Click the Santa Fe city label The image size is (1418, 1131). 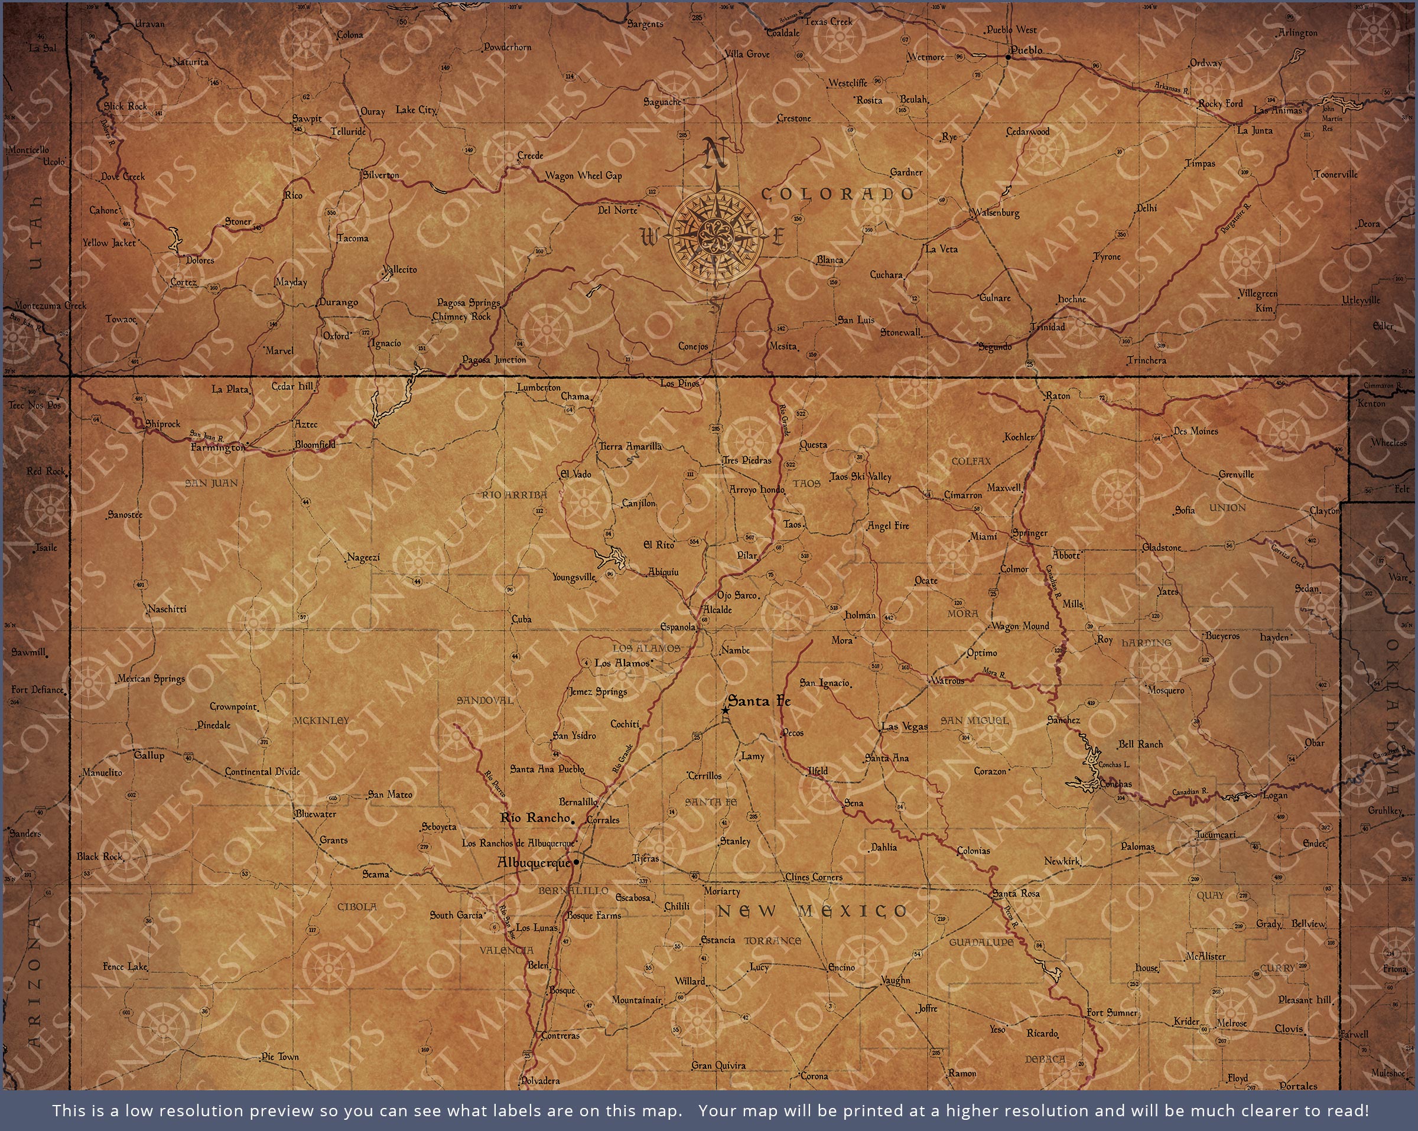click(759, 702)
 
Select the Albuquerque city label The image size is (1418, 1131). click(534, 863)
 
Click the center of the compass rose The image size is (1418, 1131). click(715, 233)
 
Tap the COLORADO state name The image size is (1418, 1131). click(837, 194)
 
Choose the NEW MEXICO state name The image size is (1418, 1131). click(812, 911)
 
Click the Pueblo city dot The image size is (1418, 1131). click(1007, 57)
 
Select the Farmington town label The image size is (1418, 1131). click(217, 448)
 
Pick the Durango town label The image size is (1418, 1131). click(338, 302)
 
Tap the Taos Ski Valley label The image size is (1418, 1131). click(860, 477)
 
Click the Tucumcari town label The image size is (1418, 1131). click(1215, 835)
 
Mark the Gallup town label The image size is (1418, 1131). click(149, 755)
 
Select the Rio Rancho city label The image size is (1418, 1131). click(535, 818)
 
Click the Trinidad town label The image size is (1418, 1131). click(1047, 327)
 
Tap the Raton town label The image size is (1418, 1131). click(1058, 396)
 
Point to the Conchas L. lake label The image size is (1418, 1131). click(1114, 765)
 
